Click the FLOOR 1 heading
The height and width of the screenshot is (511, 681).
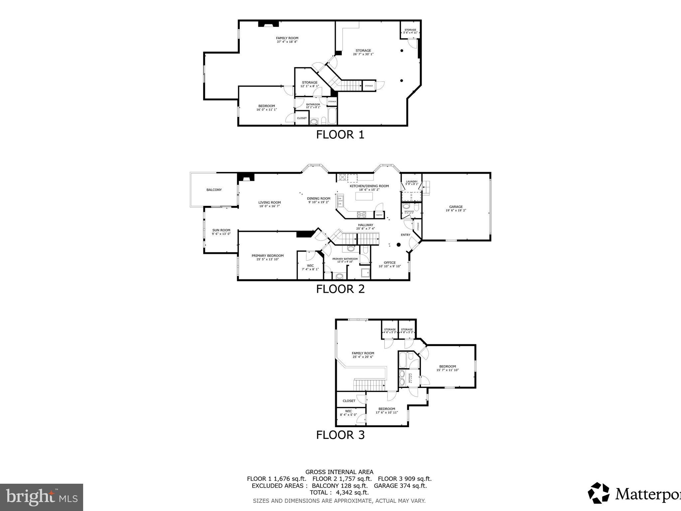[340, 135]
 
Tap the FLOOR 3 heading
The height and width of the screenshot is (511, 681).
[340, 435]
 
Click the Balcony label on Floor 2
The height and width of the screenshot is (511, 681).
[214, 190]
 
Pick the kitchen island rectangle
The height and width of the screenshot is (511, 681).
[365, 196]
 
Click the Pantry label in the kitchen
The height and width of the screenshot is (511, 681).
[379, 215]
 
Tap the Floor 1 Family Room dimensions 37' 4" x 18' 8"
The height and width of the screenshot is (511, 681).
[287, 42]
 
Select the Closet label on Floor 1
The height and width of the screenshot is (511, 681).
[302, 118]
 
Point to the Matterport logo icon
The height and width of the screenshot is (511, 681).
[598, 493]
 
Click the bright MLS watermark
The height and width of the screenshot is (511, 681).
[41, 497]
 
